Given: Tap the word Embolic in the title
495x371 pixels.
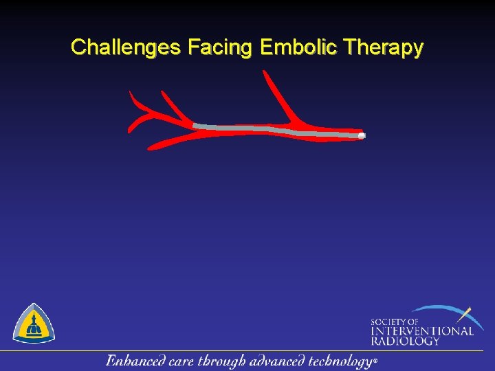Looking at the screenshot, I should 300,47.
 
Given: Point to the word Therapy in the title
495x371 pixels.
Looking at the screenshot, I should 384,47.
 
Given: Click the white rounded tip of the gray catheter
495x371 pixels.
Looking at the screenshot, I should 362,136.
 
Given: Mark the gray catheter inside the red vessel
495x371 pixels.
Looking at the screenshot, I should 275,129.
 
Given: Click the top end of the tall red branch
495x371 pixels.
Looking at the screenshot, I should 265,72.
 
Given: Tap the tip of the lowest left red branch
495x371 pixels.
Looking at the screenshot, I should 152,146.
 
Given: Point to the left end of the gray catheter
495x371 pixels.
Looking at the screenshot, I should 195,125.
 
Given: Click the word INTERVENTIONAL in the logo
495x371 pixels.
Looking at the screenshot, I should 422,330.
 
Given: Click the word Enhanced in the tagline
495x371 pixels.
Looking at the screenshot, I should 134,361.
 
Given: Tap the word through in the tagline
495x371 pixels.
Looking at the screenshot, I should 224,361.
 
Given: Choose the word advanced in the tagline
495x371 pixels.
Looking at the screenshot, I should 281,361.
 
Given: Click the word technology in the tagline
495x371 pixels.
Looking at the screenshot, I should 340,361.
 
